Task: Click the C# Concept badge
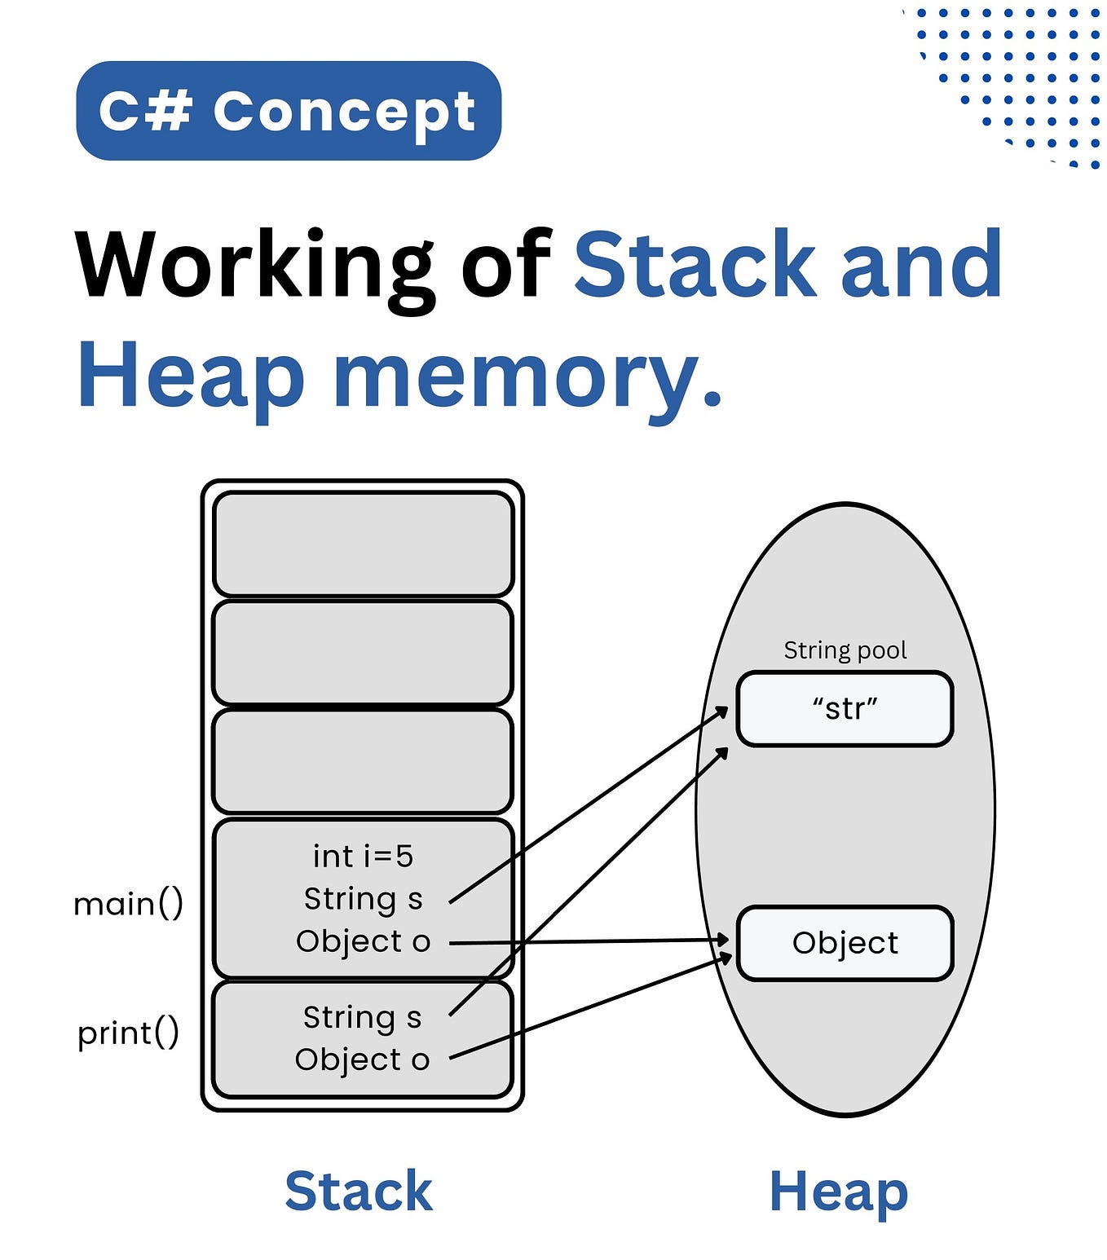click(288, 111)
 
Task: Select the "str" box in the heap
click(845, 708)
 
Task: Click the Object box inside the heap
click(845, 943)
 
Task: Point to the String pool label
click(845, 650)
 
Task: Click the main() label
click(128, 904)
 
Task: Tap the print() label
click(128, 1033)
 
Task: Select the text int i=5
click(363, 857)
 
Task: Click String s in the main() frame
click(363, 899)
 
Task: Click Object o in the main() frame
click(363, 941)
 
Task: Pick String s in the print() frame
click(362, 1017)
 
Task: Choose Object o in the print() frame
click(362, 1060)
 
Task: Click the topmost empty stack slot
click(363, 544)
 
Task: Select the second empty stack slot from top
click(363, 652)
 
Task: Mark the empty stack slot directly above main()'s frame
click(363, 761)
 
